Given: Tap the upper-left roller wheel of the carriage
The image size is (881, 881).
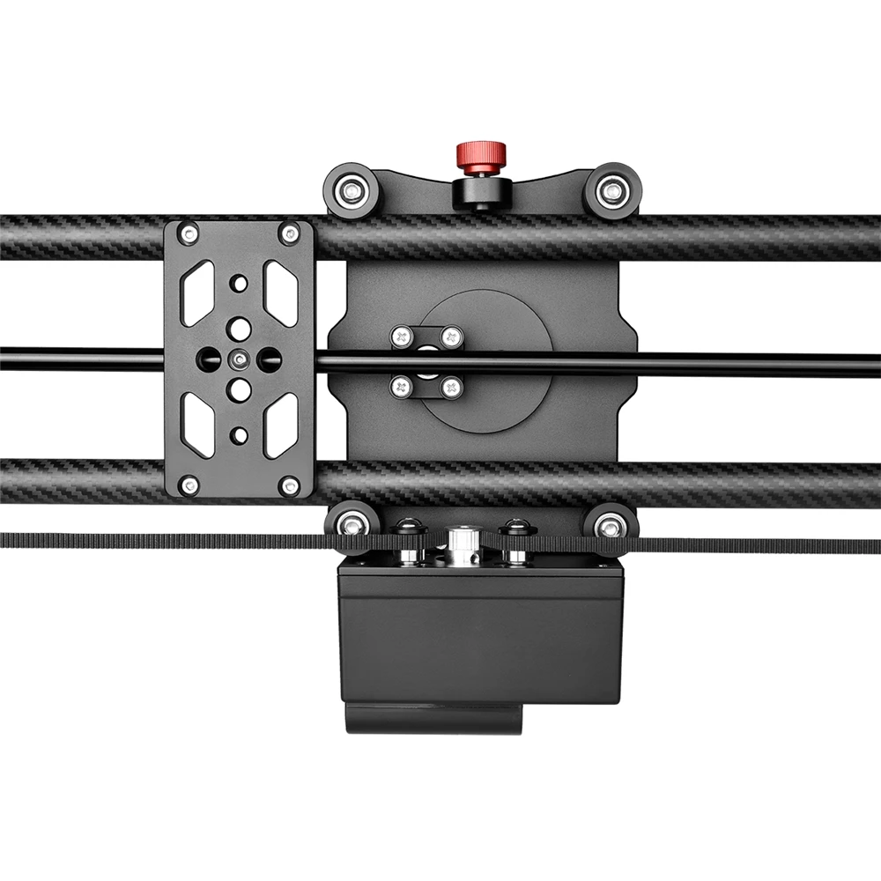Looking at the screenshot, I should coord(352,190).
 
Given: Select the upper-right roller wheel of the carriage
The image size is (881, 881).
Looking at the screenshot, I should coord(611,190).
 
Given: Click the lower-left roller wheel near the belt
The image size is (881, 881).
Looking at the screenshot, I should coord(352,525).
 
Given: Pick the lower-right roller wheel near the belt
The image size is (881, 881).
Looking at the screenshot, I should coord(611,525).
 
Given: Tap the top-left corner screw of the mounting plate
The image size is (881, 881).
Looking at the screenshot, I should coord(188,234).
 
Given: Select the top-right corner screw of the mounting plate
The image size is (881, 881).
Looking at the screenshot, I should coord(289,234).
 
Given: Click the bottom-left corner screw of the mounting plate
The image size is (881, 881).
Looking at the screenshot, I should coord(188,485).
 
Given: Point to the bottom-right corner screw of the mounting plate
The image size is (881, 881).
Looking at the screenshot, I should coord(289,485).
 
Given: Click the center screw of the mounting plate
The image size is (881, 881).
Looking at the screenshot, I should coord(239,359).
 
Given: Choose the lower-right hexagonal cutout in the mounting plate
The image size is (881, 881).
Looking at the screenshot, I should coord(280,425).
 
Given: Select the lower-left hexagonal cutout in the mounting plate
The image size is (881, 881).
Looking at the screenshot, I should coord(197,425).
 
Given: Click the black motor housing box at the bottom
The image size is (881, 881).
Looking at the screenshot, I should coord(480,634).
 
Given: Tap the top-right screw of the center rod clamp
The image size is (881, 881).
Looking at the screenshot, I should coord(451,336).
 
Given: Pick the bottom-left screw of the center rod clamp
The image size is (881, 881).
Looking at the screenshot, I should coord(403,386).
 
